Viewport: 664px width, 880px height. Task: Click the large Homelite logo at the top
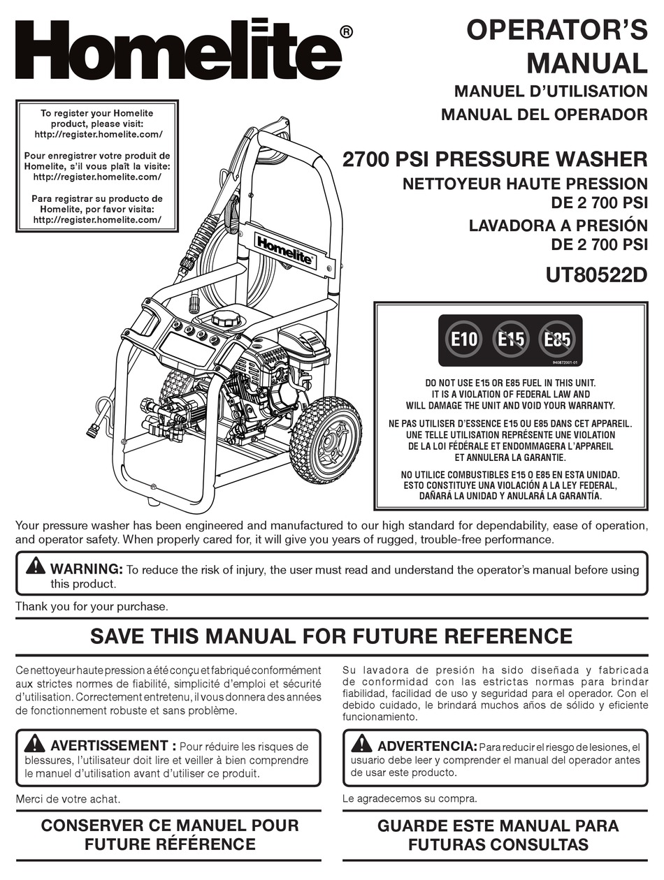178,51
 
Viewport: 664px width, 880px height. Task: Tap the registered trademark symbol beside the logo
345,31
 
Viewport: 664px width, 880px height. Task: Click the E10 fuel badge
464,340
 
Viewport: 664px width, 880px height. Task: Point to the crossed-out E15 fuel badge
511,340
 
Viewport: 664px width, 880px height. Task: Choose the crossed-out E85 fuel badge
557,340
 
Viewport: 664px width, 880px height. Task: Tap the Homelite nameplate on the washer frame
284,250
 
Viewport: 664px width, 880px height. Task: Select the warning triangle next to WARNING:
35,567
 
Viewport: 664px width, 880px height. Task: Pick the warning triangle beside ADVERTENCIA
361,745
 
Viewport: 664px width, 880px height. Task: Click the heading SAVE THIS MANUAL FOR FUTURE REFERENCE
331,636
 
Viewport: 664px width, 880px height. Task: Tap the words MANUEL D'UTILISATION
551,91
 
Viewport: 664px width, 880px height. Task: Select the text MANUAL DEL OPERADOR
544,115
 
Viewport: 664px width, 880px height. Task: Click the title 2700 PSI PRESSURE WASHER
495,159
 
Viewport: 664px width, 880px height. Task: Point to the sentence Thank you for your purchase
92,606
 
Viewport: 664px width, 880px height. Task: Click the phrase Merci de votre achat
67,798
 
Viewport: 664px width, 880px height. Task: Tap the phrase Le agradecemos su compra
410,798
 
